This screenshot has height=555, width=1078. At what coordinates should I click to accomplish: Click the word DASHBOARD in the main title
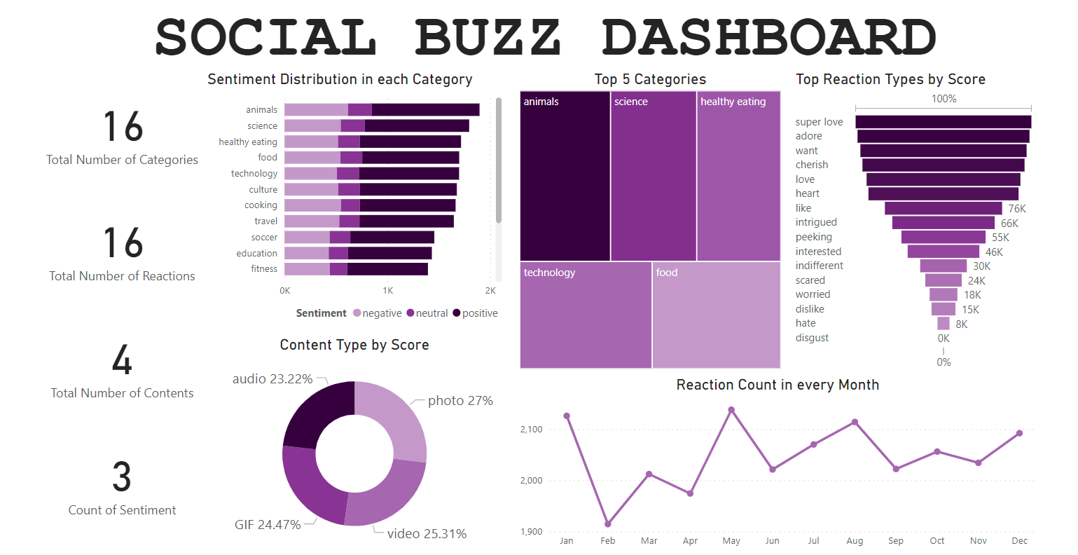[x=768, y=37]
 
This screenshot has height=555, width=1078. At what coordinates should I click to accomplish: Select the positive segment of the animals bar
[x=425, y=110]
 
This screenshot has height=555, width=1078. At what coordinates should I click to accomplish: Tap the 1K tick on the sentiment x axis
[x=387, y=290]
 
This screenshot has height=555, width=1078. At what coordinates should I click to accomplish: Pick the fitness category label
[x=264, y=269]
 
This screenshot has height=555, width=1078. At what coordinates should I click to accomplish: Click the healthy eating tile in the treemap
[x=738, y=176]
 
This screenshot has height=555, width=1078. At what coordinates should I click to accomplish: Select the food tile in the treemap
[x=716, y=315]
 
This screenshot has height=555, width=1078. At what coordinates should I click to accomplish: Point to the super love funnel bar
[x=943, y=122]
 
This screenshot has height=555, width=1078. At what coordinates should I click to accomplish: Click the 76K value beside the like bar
[x=1016, y=209]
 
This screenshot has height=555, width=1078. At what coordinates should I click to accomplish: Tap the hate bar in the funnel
[x=943, y=324]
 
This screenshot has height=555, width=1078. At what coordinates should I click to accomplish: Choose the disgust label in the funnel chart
[x=812, y=338]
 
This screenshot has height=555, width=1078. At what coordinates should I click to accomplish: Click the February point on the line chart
[x=608, y=524]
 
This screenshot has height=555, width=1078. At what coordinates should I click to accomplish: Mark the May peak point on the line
[x=731, y=410]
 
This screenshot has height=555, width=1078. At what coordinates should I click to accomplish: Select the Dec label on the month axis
[x=1019, y=541]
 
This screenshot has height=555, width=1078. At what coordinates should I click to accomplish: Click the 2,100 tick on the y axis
[x=531, y=430]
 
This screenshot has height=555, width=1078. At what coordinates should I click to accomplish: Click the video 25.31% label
[x=427, y=534]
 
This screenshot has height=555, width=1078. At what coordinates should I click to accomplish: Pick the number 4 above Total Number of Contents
[x=122, y=360]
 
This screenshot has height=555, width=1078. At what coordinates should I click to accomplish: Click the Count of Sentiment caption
[x=122, y=510]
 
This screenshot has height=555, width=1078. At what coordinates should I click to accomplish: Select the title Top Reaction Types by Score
[x=890, y=79]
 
